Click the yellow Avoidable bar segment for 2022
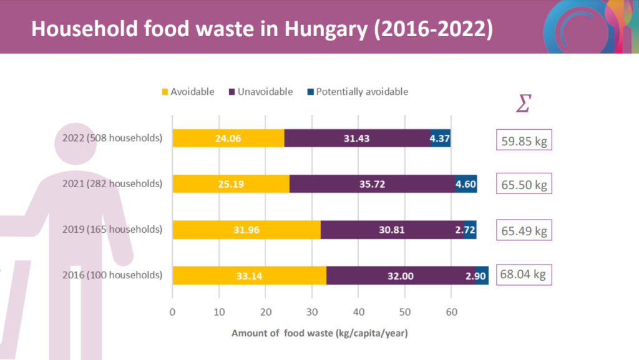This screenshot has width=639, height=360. tap(228, 138)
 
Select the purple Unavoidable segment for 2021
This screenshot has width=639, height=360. tap(372, 183)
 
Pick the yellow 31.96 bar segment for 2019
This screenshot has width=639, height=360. tap(246, 230)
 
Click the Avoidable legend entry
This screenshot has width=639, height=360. tap(188, 92)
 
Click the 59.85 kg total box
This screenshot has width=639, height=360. tap(524, 141)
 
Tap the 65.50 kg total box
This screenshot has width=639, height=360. tap(524, 185)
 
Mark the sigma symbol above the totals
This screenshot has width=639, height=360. tap(523, 104)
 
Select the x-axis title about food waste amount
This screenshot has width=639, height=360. tap(319, 333)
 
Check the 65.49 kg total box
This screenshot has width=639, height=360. tap(524, 230)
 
